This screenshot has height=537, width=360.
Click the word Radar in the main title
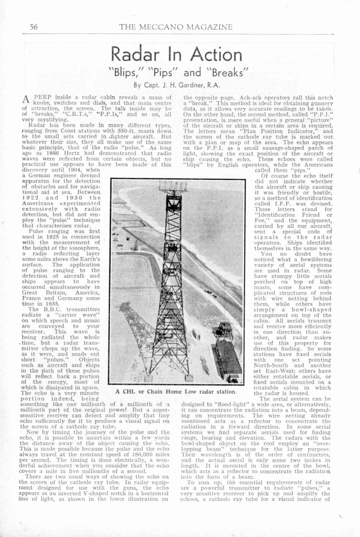(135, 54)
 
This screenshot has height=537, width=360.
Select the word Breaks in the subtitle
(228, 72)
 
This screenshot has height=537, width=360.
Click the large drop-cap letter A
(25, 99)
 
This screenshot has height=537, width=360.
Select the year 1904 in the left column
(76, 170)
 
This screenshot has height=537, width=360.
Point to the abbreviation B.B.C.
(49, 309)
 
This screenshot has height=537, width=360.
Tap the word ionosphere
(82, 248)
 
